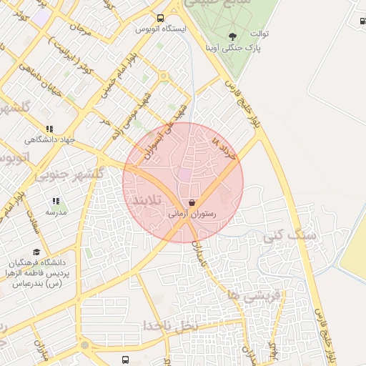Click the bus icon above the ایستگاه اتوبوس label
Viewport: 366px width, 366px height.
point(160,19)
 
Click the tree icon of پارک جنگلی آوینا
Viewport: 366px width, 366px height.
point(232,36)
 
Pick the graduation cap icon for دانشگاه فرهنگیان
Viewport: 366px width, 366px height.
point(28,252)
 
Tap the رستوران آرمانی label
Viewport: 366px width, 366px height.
point(192,213)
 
